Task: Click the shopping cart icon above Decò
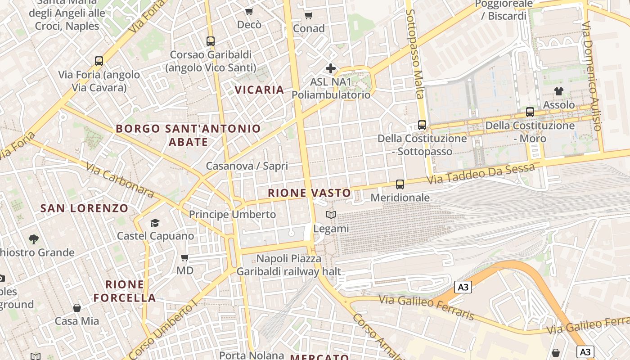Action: point(249,11)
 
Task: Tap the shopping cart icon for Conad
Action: point(308,16)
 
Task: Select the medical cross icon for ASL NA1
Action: point(331,68)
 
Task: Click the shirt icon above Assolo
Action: point(559,91)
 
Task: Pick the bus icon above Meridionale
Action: point(400,184)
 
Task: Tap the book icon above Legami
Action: point(331,215)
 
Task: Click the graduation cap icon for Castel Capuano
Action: point(155,223)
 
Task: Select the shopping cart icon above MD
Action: point(184,258)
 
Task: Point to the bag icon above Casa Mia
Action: point(77,308)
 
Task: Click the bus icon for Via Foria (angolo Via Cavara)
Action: point(99,61)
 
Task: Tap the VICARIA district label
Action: point(259,90)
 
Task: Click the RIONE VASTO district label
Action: point(309,193)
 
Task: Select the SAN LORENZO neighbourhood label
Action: point(85,208)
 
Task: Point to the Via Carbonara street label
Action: point(120,180)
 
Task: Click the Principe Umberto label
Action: point(232,215)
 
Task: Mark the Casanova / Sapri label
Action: point(247,166)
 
